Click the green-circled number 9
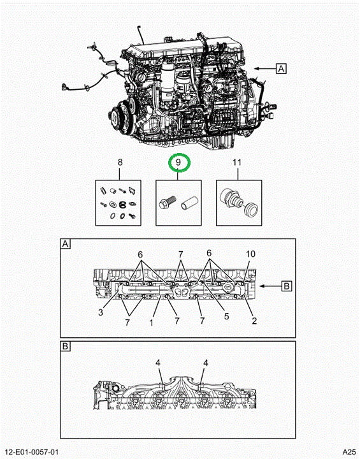tap(178, 162)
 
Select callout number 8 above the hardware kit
tap(120, 162)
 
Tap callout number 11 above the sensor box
tap(237, 162)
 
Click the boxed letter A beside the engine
tap(281, 69)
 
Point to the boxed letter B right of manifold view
tap(287, 286)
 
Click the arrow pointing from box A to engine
tap(265, 69)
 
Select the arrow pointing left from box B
tap(270, 286)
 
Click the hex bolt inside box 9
tap(167, 202)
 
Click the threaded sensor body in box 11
tap(231, 197)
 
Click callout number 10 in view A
tap(250, 254)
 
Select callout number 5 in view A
tap(227, 316)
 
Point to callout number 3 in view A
tap(101, 312)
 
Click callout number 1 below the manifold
tap(151, 323)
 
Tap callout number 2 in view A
tap(254, 321)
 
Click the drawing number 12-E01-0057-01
tap(32, 452)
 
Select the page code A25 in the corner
tap(349, 452)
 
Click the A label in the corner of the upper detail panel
tap(65, 244)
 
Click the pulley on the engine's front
tap(120, 117)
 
